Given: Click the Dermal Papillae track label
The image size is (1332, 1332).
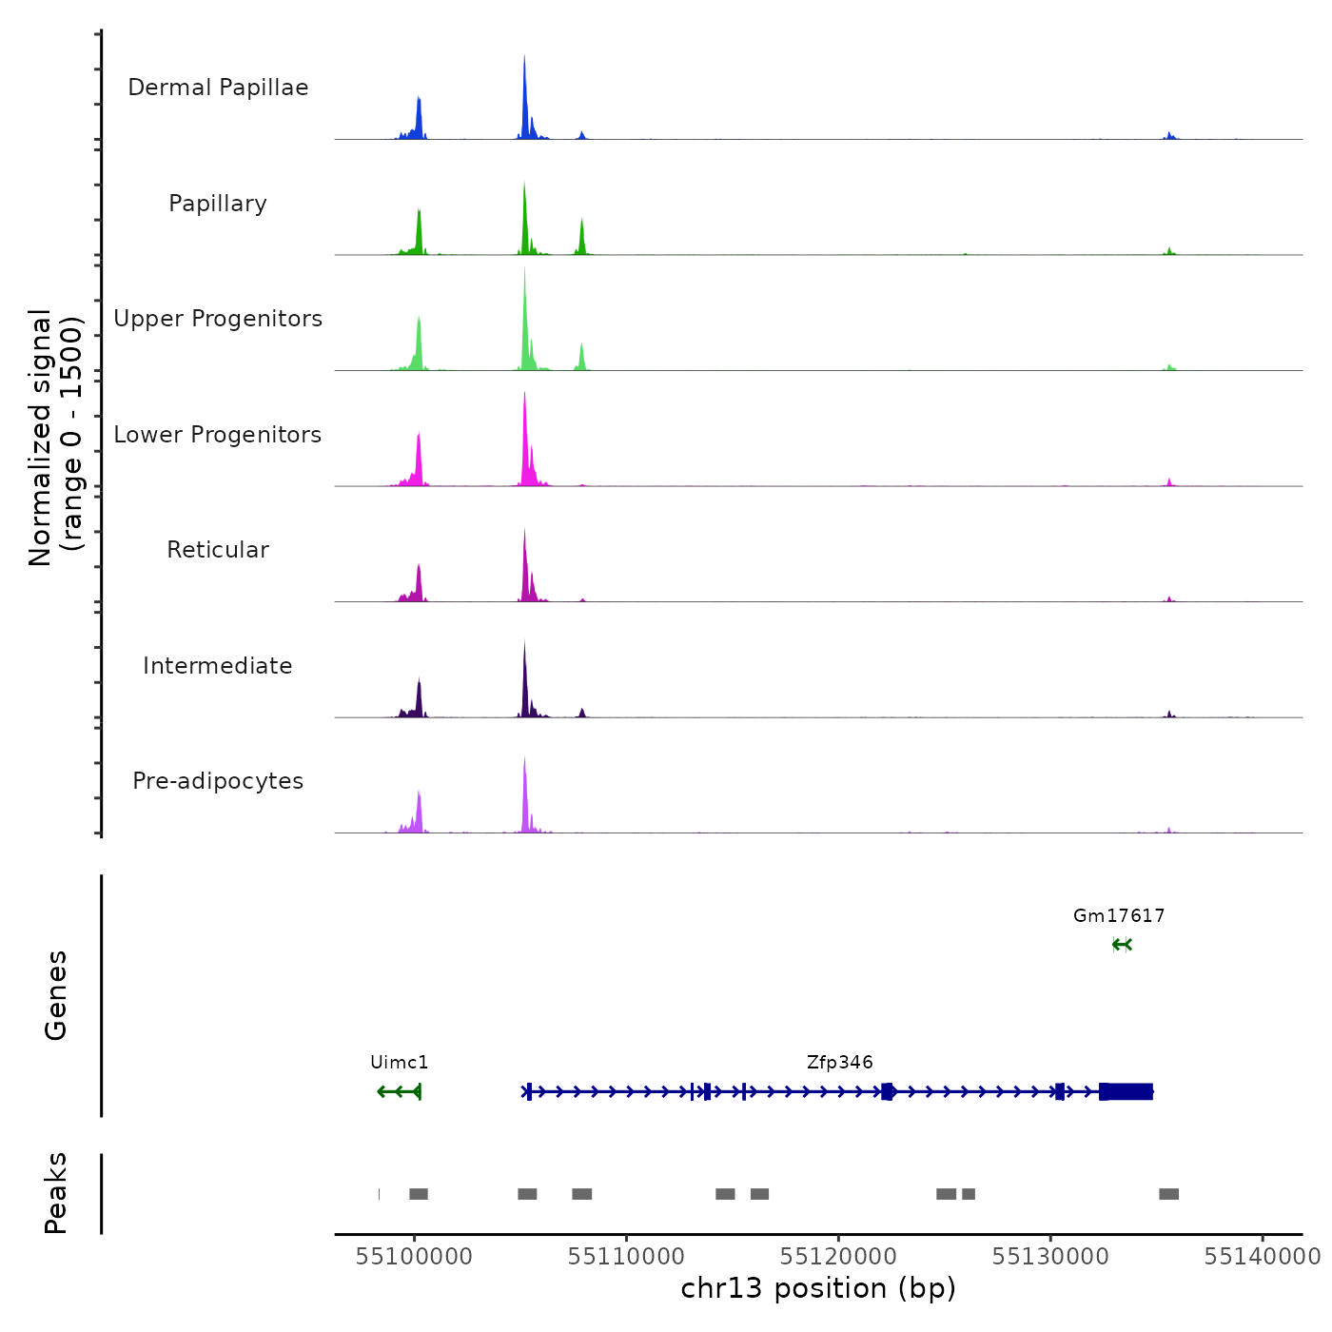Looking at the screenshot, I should pyautogui.click(x=218, y=88).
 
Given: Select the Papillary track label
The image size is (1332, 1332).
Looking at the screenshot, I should pyautogui.click(x=218, y=204).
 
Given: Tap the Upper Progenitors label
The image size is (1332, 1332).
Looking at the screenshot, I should pyautogui.click(x=218, y=319).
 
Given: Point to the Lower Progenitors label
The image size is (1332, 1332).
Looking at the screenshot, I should pyautogui.click(x=218, y=435).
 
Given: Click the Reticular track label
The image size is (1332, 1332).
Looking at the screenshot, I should pyautogui.click(x=218, y=550).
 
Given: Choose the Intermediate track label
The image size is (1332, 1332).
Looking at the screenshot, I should pyautogui.click(x=218, y=666).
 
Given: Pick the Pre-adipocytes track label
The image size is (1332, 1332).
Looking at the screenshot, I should pyautogui.click(x=218, y=781).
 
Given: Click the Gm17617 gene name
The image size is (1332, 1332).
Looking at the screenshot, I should pyautogui.click(x=1119, y=916).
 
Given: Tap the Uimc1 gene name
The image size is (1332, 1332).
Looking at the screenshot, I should pyautogui.click(x=400, y=1063).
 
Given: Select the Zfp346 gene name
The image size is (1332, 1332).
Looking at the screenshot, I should pyautogui.click(x=840, y=1063).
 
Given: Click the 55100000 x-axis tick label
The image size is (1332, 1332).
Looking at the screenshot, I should pyautogui.click(x=414, y=1257).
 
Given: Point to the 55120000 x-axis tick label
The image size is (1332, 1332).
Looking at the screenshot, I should pyautogui.click(x=838, y=1257).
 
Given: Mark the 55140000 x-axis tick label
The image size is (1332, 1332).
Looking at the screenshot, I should pyautogui.click(x=1263, y=1257).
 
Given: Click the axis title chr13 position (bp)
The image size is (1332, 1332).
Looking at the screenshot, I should pyautogui.click(x=818, y=1288).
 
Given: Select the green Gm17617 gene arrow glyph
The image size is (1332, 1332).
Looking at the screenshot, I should pyautogui.click(x=1122, y=945).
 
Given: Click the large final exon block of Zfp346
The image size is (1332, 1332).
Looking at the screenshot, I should pyautogui.click(x=1127, y=1091).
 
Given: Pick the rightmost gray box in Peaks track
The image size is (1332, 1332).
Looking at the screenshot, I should pyautogui.click(x=1168, y=1194).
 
